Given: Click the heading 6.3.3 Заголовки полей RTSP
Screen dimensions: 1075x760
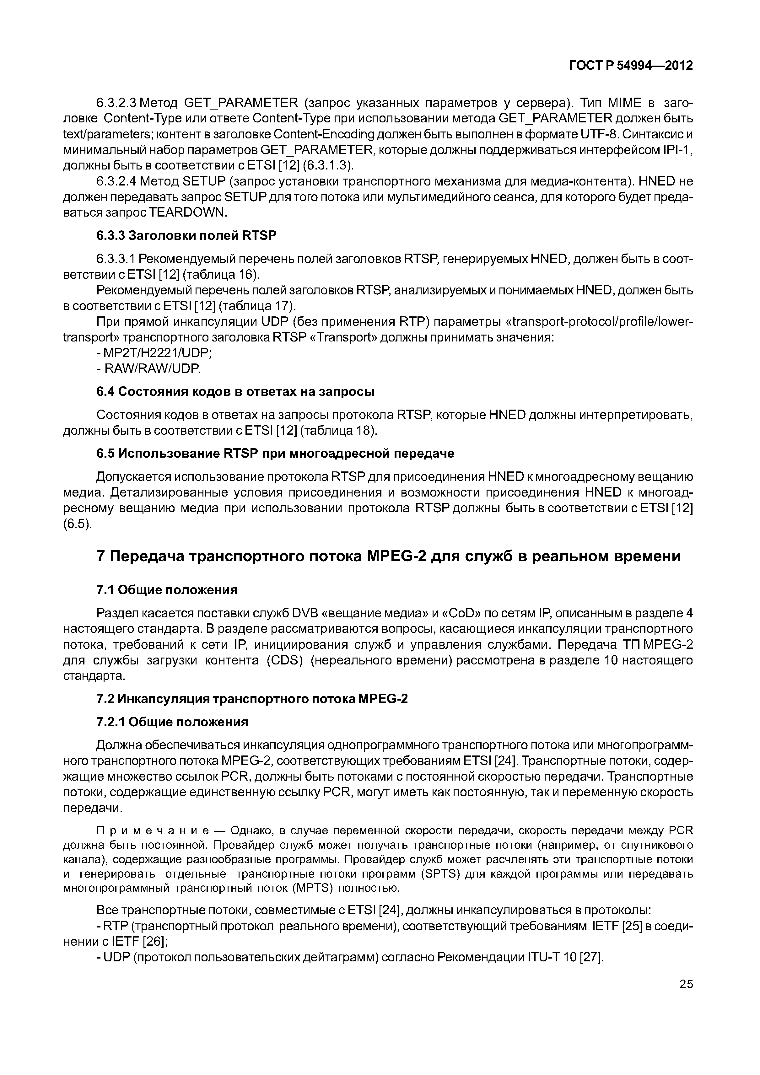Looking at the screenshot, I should point(186,235).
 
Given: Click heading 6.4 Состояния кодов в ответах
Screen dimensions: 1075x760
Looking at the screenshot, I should point(235,391).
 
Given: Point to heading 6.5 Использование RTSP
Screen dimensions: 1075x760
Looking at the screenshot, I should point(275,454).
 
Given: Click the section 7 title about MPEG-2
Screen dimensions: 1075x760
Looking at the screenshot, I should point(388,556).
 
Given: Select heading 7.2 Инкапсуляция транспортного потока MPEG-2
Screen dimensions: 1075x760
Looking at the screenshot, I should point(252,699).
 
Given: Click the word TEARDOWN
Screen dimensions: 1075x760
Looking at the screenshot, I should point(187,212).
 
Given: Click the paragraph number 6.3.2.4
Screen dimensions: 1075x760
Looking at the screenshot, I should point(116,181).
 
